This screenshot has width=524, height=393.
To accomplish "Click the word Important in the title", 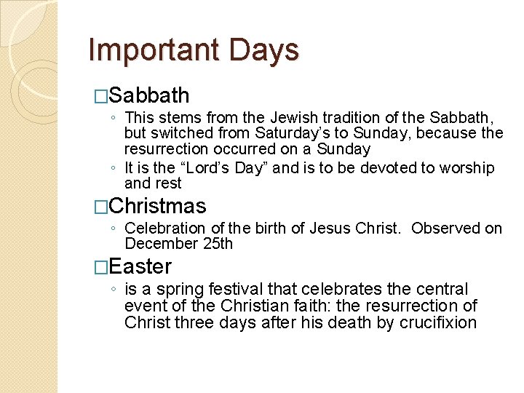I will click(154, 50).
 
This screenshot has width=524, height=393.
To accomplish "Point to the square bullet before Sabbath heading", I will click(101, 96).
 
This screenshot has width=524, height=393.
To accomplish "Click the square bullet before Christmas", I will click(101, 207).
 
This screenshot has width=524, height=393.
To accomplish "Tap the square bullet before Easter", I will click(101, 267).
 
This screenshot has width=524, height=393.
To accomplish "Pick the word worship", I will click(465, 168).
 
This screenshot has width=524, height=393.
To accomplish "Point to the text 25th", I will click(218, 244).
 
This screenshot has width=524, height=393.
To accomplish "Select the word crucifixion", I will click(438, 322).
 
